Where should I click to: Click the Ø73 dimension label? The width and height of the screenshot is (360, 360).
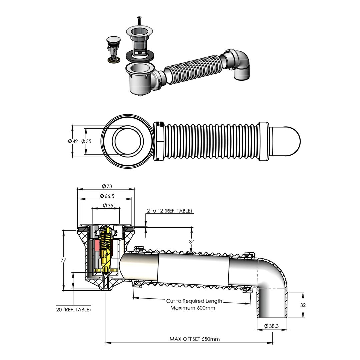click(x=107, y=186)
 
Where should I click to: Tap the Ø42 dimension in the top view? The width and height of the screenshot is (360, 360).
click(x=73, y=141)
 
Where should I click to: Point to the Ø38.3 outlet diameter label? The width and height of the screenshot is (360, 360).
click(x=271, y=326)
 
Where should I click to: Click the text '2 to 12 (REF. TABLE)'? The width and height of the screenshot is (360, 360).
click(x=169, y=211)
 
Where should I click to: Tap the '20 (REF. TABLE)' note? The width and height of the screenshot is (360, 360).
click(x=74, y=309)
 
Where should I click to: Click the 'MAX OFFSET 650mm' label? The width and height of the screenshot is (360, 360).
click(x=195, y=339)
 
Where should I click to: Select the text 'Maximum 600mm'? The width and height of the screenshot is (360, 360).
click(x=193, y=308)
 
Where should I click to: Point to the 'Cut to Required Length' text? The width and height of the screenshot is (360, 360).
click(x=194, y=301)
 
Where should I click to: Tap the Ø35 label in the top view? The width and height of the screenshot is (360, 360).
click(x=86, y=141)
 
